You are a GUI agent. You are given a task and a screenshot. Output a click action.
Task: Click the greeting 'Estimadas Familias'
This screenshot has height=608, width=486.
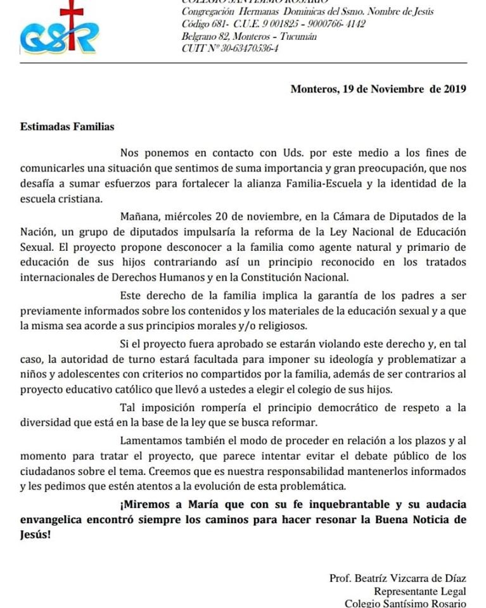[x=67, y=127]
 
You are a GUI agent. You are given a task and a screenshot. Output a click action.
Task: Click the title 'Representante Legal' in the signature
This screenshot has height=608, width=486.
[x=419, y=591]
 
